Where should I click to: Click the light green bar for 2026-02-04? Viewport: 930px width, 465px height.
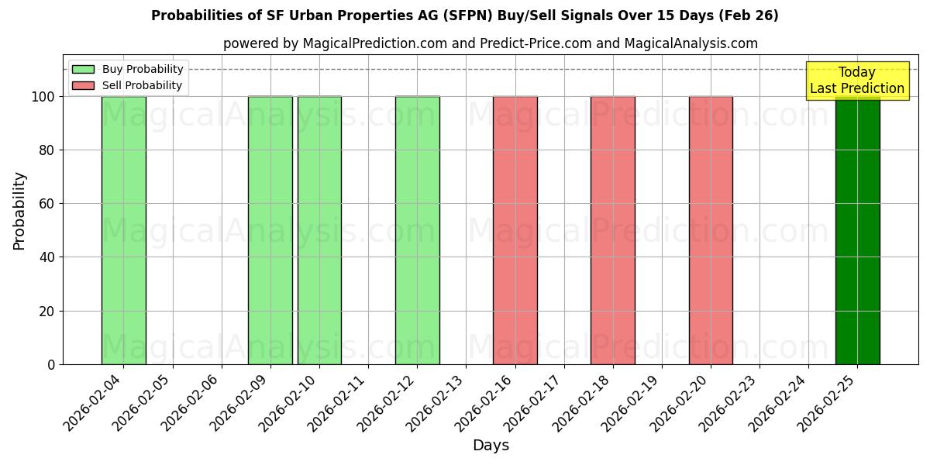123,230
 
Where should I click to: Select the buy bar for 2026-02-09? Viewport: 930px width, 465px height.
270,230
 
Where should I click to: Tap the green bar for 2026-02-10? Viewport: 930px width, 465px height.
319,230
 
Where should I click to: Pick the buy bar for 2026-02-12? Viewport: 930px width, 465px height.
417,230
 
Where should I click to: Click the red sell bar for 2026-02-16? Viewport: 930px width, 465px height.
515,230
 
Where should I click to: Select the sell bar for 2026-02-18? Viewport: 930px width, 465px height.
612,230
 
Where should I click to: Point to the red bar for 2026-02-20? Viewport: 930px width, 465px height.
711,230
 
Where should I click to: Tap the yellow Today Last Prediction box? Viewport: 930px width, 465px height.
857,81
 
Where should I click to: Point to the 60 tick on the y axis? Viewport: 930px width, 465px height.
47,204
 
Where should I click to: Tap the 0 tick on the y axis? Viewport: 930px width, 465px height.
51,364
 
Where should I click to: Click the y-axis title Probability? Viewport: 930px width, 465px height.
19,211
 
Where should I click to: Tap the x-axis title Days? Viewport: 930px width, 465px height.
491,446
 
